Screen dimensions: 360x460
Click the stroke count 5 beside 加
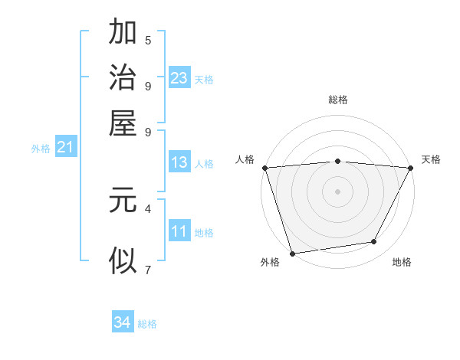148,41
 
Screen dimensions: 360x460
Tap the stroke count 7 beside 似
148,269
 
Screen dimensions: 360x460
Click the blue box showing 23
179,77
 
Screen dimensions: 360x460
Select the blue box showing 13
179,162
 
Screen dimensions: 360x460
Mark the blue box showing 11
179,231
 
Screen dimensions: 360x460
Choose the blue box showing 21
65,147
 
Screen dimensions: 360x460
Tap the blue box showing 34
123,322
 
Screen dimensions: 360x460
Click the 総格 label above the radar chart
337,100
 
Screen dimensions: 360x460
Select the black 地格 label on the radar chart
402,263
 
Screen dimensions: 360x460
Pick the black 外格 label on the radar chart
270,263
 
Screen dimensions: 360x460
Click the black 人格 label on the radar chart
245,159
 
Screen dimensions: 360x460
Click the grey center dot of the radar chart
337,191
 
